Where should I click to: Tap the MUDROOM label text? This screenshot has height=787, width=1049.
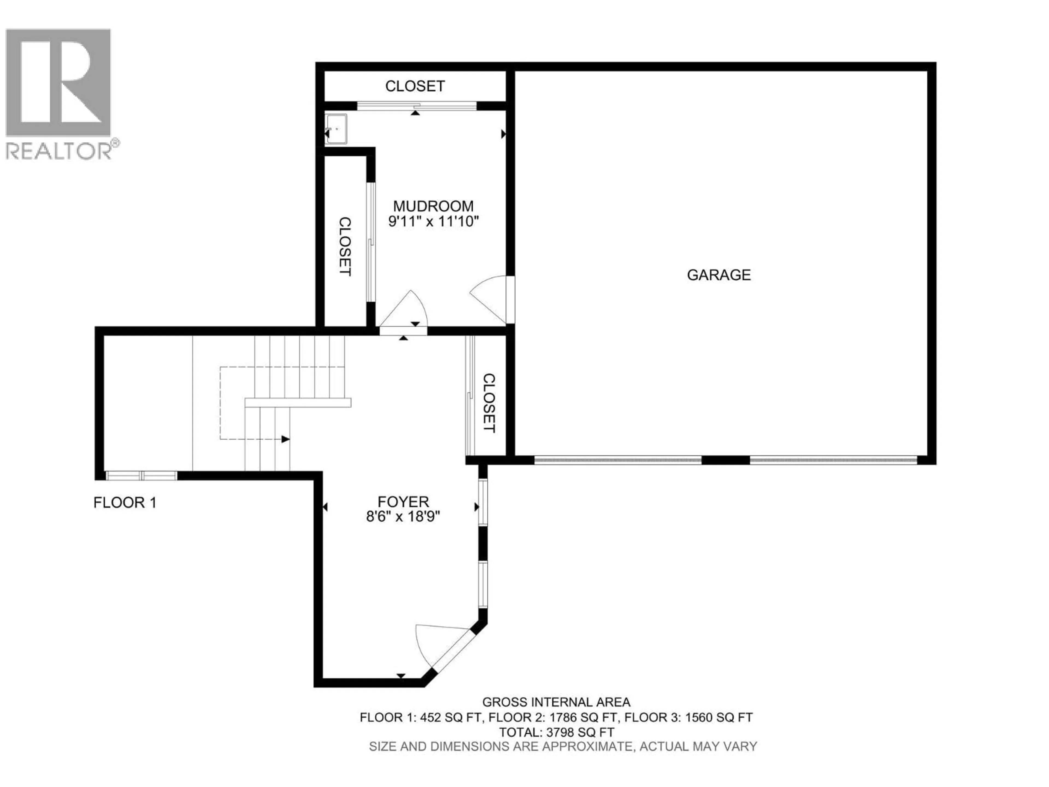pyautogui.click(x=433, y=206)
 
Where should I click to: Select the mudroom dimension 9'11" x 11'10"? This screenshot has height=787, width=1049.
pyautogui.click(x=433, y=222)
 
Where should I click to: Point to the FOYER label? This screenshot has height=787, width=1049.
pyautogui.click(x=403, y=501)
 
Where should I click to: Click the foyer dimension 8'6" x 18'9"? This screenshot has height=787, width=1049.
pyautogui.click(x=403, y=516)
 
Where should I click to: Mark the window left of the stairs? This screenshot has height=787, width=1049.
pyautogui.click(x=141, y=476)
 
